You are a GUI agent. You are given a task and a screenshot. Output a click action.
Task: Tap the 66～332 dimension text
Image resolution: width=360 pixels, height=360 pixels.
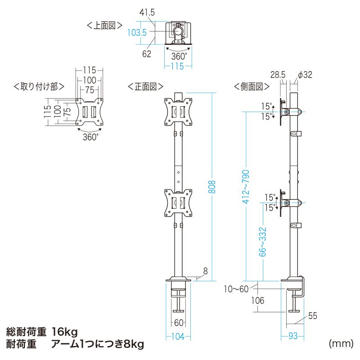[x=263, y=242]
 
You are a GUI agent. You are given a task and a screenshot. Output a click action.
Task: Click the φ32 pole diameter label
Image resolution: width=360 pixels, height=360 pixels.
[x=305, y=75]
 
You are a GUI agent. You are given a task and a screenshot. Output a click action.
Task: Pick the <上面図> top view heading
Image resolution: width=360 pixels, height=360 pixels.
[x=104, y=26]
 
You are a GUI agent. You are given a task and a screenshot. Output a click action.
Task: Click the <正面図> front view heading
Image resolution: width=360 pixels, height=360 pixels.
[x=145, y=86]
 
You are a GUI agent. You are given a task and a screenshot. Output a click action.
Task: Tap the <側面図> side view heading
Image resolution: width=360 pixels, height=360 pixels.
[x=252, y=86]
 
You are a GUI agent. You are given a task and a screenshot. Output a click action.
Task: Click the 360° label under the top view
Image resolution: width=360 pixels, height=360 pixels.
[x=179, y=57]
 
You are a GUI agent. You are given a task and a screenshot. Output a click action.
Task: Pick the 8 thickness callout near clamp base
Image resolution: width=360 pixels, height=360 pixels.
[x=205, y=271]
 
